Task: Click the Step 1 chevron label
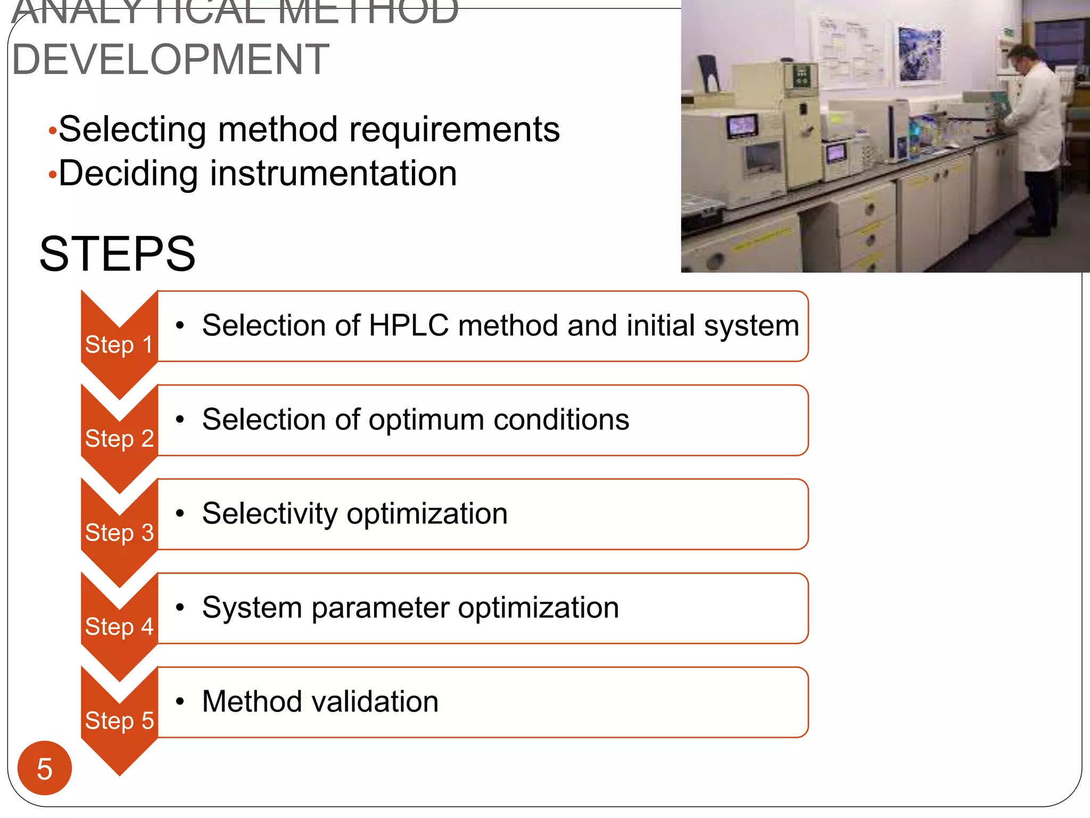119,345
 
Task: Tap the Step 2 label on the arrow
119,439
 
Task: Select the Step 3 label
119,533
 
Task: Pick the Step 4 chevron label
119,627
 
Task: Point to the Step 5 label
119,721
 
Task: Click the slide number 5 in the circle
45,768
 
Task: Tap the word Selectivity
270,514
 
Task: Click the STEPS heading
118,254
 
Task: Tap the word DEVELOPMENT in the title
170,59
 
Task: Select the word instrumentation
334,174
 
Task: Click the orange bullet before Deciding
52,175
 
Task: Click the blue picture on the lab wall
919,55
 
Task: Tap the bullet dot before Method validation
180,701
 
